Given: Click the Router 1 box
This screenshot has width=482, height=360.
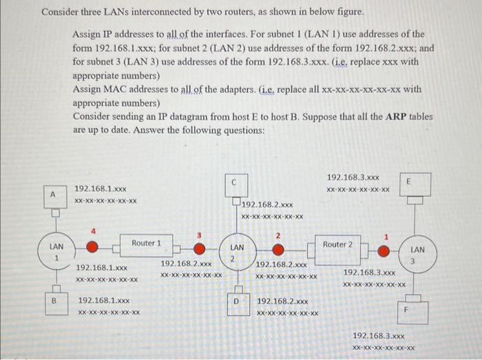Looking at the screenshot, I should tap(147, 243).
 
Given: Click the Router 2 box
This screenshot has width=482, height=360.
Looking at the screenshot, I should tap(337, 244).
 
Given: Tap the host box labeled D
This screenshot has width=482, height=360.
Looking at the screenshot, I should tap(235, 301).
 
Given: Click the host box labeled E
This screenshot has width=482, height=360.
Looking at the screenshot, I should tap(410, 182).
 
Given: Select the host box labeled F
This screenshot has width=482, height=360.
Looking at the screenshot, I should tap(406, 310).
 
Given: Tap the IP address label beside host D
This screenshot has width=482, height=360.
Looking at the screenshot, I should tap(283, 301).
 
